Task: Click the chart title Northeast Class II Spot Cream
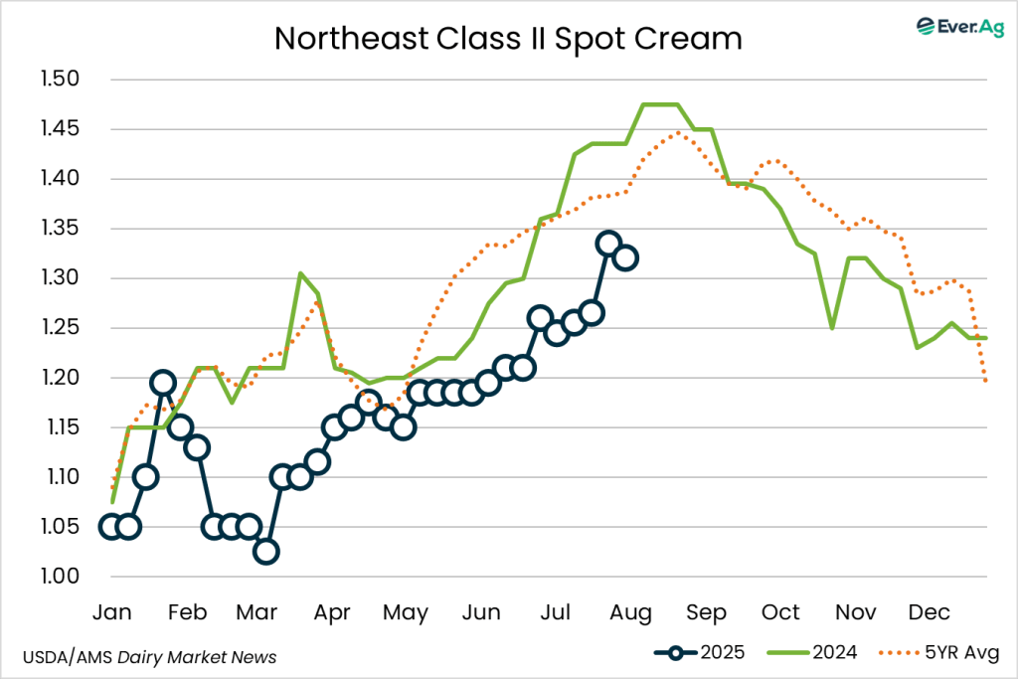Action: [x=508, y=38]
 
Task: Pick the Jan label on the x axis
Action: [x=111, y=611]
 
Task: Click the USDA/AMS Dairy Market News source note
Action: [x=149, y=657]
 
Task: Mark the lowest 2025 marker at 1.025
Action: [x=265, y=552]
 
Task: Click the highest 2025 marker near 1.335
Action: [x=608, y=244]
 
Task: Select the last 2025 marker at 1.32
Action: [x=625, y=258]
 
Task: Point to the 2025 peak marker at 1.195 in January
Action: [x=163, y=383]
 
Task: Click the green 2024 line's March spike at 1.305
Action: [x=300, y=273]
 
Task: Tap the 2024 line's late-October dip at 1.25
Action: [x=831, y=328]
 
